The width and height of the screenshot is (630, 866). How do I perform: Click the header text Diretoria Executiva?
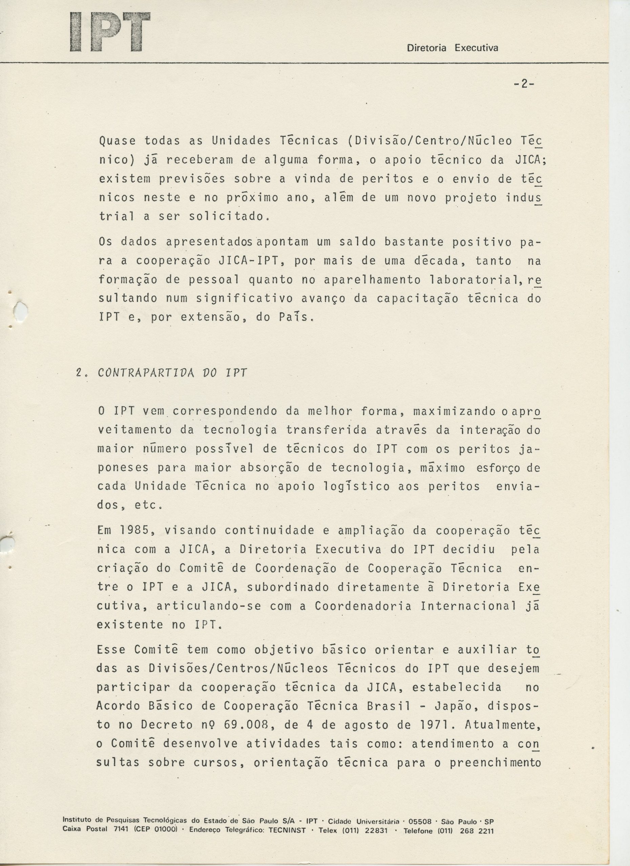coord(453,48)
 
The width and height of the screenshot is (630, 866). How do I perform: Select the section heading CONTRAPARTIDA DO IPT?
coord(172,373)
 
